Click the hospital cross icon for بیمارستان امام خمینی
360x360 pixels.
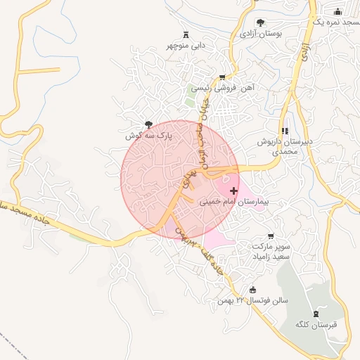coord(233,191)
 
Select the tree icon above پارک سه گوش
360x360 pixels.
coord(147,124)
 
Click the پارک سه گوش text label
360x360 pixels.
coord(148,134)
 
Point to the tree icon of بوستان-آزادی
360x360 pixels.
coord(261,22)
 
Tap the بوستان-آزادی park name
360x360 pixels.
coord(261,33)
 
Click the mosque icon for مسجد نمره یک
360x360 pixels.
coord(337,11)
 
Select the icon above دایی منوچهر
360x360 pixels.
coord(186,34)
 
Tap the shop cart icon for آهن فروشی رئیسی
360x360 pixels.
coord(223,77)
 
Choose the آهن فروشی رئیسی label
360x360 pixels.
coord(222,88)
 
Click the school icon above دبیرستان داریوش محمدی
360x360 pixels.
coord(285,131)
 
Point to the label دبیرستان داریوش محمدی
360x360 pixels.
coord(285,146)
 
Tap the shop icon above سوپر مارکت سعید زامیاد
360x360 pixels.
coord(271,236)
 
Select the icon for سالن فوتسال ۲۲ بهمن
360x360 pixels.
coord(253,290)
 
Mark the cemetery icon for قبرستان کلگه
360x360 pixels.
coord(315,314)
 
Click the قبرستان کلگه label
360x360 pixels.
coord(315,324)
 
